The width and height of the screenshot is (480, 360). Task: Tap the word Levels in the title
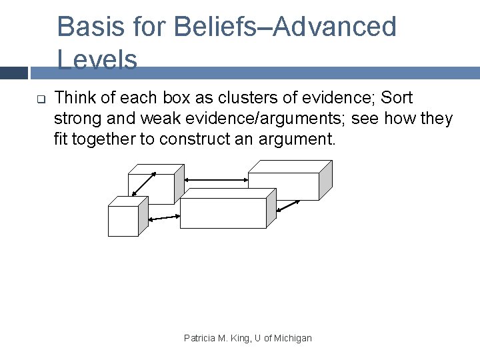click(97, 60)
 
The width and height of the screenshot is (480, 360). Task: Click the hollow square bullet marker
click(40, 100)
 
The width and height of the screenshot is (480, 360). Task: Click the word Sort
click(397, 98)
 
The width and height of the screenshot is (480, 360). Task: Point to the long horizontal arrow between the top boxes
click(215, 179)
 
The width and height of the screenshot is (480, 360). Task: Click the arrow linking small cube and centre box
click(163, 217)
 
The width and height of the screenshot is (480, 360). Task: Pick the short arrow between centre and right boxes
click(288, 206)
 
